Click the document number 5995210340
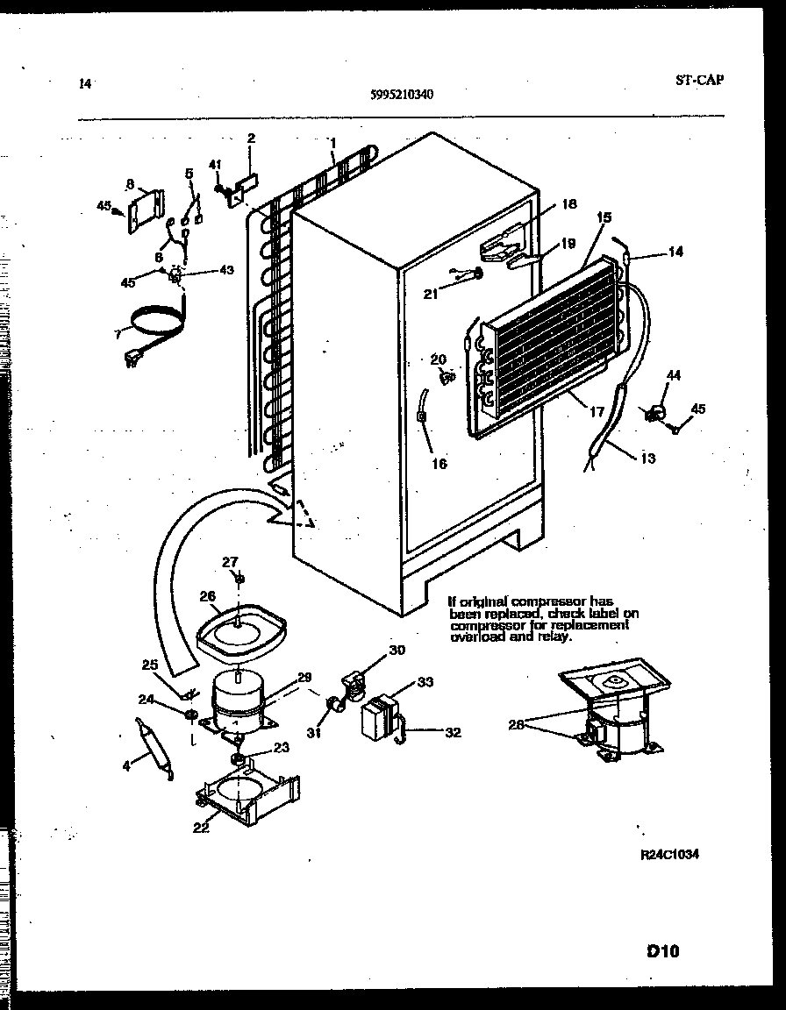(x=401, y=96)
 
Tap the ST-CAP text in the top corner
(x=700, y=80)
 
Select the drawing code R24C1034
(x=670, y=854)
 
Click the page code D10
(x=666, y=950)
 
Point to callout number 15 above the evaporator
(x=604, y=217)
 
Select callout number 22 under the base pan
(x=202, y=827)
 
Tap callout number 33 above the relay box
(x=425, y=681)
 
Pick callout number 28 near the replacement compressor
(x=517, y=723)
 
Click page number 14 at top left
(x=85, y=84)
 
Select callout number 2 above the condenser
(x=251, y=138)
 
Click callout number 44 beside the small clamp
(x=673, y=374)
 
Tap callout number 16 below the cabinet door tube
(x=439, y=464)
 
